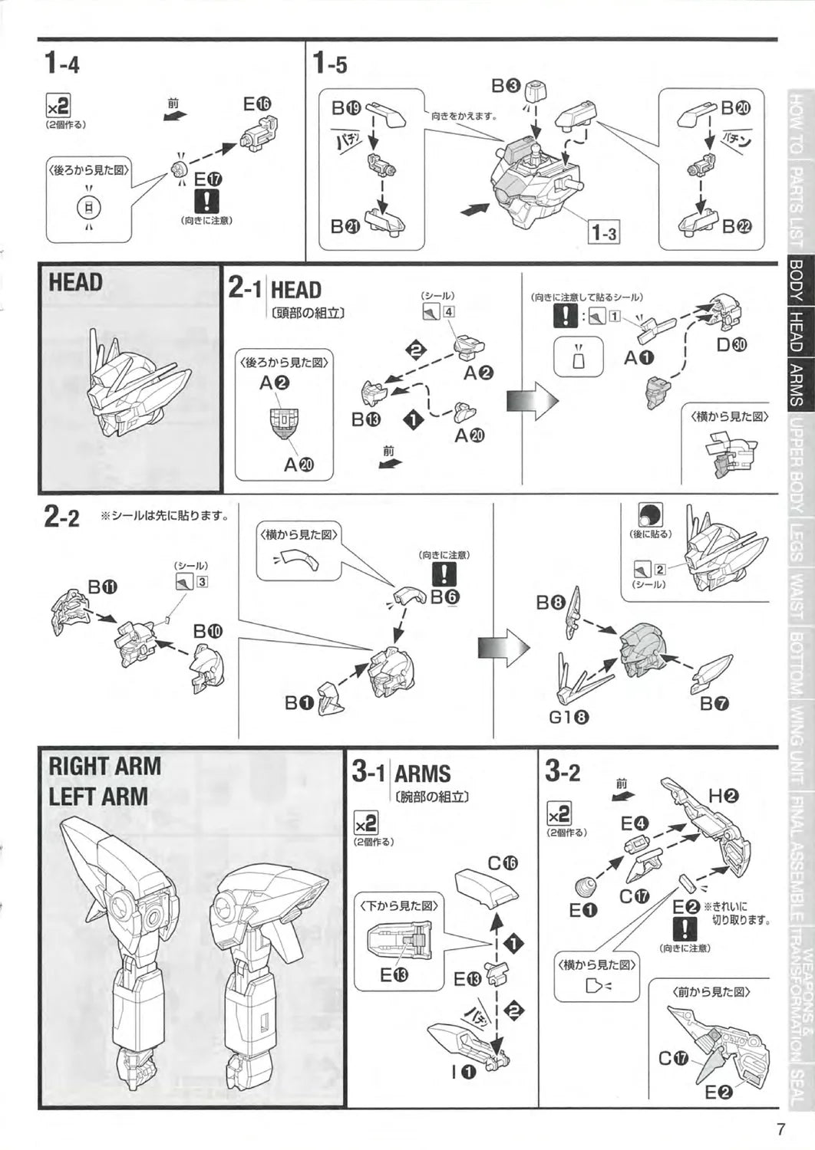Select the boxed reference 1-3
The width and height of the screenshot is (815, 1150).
point(603,232)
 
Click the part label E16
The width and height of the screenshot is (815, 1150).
point(256,103)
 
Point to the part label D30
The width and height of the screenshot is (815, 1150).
point(731,345)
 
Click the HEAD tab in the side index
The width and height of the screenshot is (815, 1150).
point(797,331)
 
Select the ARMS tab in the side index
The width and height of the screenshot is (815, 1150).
point(797,384)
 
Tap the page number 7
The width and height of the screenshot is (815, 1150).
point(780,1130)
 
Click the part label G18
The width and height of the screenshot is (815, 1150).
point(569,718)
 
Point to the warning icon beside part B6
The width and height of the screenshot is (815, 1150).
point(444,573)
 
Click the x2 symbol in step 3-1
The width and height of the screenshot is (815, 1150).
point(366,823)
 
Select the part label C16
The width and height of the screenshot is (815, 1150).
point(503,863)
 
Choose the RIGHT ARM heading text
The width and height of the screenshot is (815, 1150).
point(105,766)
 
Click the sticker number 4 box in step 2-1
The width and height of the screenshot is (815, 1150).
point(448,311)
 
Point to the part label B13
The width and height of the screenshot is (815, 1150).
point(366,419)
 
